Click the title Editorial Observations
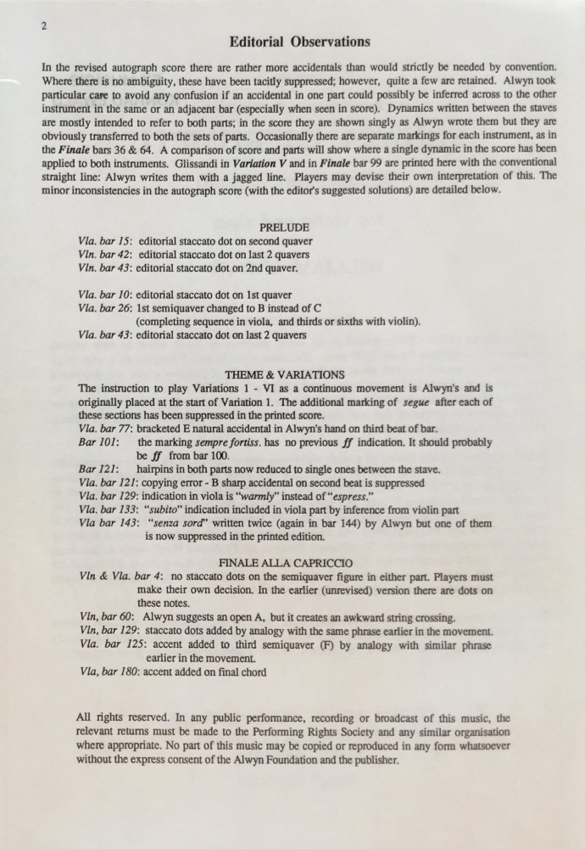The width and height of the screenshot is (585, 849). tap(292, 41)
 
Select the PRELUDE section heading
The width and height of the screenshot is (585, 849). tap(285, 228)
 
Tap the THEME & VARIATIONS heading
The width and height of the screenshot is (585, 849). tap(284, 374)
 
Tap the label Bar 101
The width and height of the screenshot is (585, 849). tap(97, 441)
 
